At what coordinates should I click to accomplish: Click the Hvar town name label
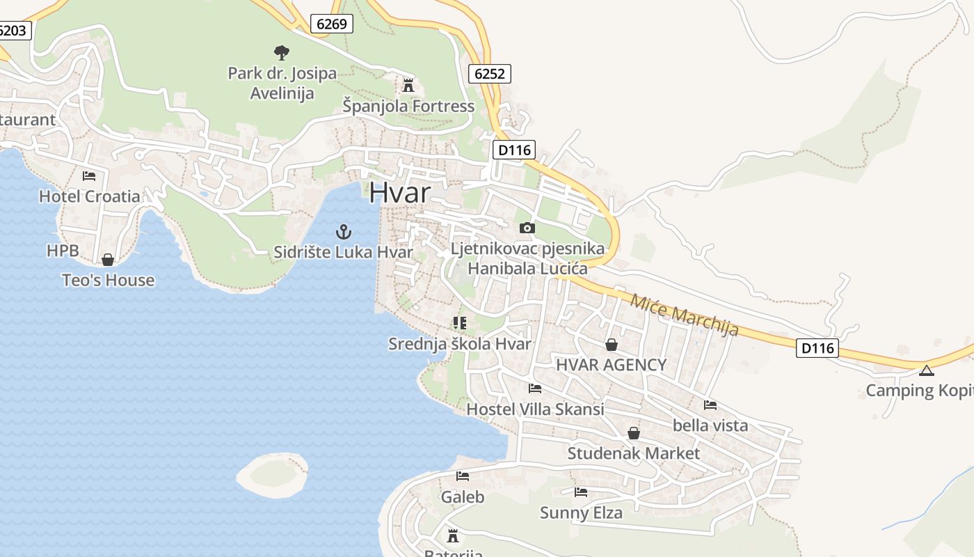(x=399, y=192)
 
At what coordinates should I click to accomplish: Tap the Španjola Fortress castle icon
(x=408, y=86)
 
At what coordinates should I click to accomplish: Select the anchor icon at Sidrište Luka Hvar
(x=342, y=232)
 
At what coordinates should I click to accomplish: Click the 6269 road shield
(x=331, y=24)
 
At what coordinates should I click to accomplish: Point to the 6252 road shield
(x=490, y=73)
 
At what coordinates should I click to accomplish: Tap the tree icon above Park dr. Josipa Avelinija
(x=282, y=52)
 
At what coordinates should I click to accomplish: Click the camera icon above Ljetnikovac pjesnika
(x=527, y=228)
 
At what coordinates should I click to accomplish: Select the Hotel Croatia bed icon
(x=89, y=176)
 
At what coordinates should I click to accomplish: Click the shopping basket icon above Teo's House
(x=108, y=260)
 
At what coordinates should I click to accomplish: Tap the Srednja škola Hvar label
(x=459, y=344)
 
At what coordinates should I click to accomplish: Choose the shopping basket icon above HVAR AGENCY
(x=611, y=344)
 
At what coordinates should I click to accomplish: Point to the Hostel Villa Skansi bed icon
(x=535, y=389)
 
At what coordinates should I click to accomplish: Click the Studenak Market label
(x=633, y=453)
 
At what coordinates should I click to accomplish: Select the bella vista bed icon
(x=710, y=405)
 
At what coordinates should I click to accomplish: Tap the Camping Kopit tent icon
(x=926, y=370)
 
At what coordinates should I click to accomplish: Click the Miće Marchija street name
(x=683, y=315)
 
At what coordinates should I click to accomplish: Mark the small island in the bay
(x=272, y=474)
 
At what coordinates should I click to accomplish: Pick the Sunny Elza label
(x=581, y=513)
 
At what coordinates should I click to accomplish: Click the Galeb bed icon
(x=463, y=476)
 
